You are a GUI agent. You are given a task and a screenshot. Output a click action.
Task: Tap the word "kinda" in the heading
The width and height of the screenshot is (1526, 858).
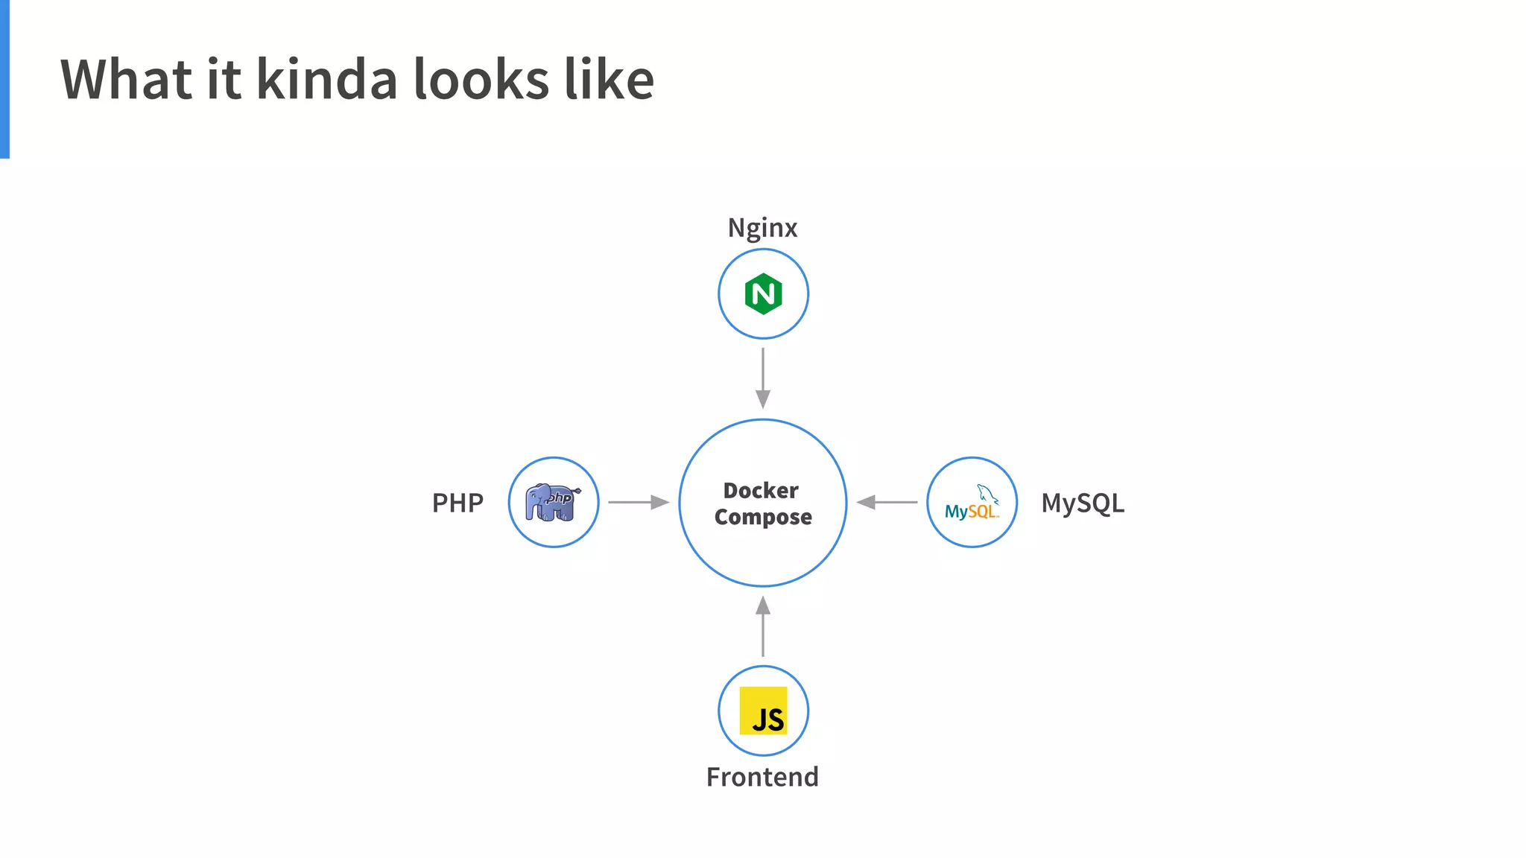coord(327,79)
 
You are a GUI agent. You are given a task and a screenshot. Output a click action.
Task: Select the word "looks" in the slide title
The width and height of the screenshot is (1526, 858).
coord(481,79)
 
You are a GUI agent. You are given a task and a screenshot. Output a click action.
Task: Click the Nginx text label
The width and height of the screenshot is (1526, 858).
coord(762,228)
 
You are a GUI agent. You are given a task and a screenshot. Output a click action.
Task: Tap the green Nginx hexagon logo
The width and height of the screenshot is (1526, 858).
coord(763,294)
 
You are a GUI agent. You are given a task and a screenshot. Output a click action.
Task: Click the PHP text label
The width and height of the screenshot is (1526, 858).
coord(458,503)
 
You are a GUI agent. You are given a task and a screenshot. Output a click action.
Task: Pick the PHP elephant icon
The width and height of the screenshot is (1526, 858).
coord(553,502)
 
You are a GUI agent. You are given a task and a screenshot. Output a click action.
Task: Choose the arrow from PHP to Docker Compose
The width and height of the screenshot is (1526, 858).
coord(638,502)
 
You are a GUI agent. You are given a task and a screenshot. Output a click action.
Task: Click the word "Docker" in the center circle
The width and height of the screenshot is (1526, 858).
coord(761,491)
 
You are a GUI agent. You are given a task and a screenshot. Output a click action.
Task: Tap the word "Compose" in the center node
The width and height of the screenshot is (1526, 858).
coord(763,517)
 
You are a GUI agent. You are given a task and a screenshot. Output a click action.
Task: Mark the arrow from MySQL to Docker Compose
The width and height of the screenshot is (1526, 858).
coord(887,502)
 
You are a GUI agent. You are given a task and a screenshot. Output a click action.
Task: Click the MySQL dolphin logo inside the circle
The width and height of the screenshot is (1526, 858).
coord(972,503)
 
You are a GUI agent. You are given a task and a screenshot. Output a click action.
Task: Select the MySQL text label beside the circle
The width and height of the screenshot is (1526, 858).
coord(1083,503)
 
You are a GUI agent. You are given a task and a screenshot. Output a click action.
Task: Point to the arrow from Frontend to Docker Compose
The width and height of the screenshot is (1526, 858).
coord(763,626)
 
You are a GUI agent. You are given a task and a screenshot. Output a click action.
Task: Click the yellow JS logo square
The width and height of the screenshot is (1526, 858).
coord(763,711)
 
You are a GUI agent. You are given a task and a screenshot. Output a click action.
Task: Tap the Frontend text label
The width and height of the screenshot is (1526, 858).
coord(762,777)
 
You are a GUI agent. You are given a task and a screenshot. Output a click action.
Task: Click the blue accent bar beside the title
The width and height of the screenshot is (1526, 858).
coord(4,79)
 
